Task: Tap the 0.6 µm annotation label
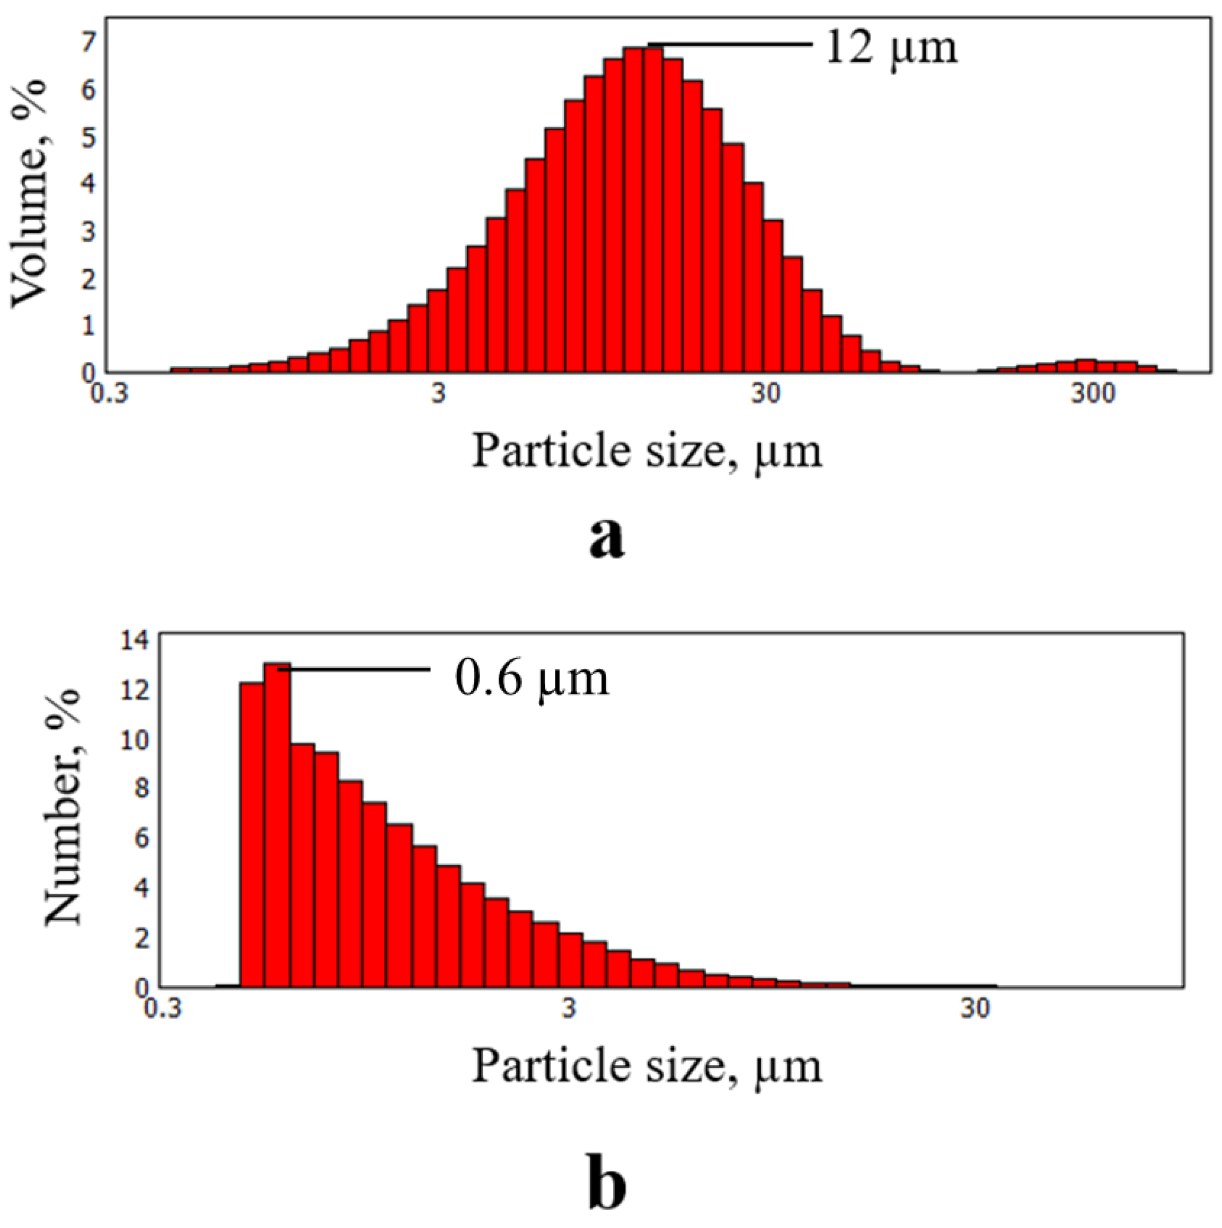click(532, 678)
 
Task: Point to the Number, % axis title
click(63, 807)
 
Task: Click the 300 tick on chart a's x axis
click(1092, 395)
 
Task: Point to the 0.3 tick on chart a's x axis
click(109, 395)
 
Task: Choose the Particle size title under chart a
click(647, 452)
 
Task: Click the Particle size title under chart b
click(647, 1066)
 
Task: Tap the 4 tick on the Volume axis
click(87, 184)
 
